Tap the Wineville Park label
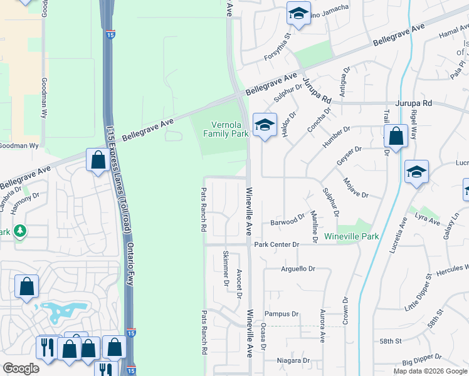(352, 236)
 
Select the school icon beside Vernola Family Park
(265, 125)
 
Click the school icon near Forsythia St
(298, 14)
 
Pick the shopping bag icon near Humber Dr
(396, 135)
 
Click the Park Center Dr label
(277, 244)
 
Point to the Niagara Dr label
(293, 360)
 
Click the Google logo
(21, 368)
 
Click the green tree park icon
(20, 232)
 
